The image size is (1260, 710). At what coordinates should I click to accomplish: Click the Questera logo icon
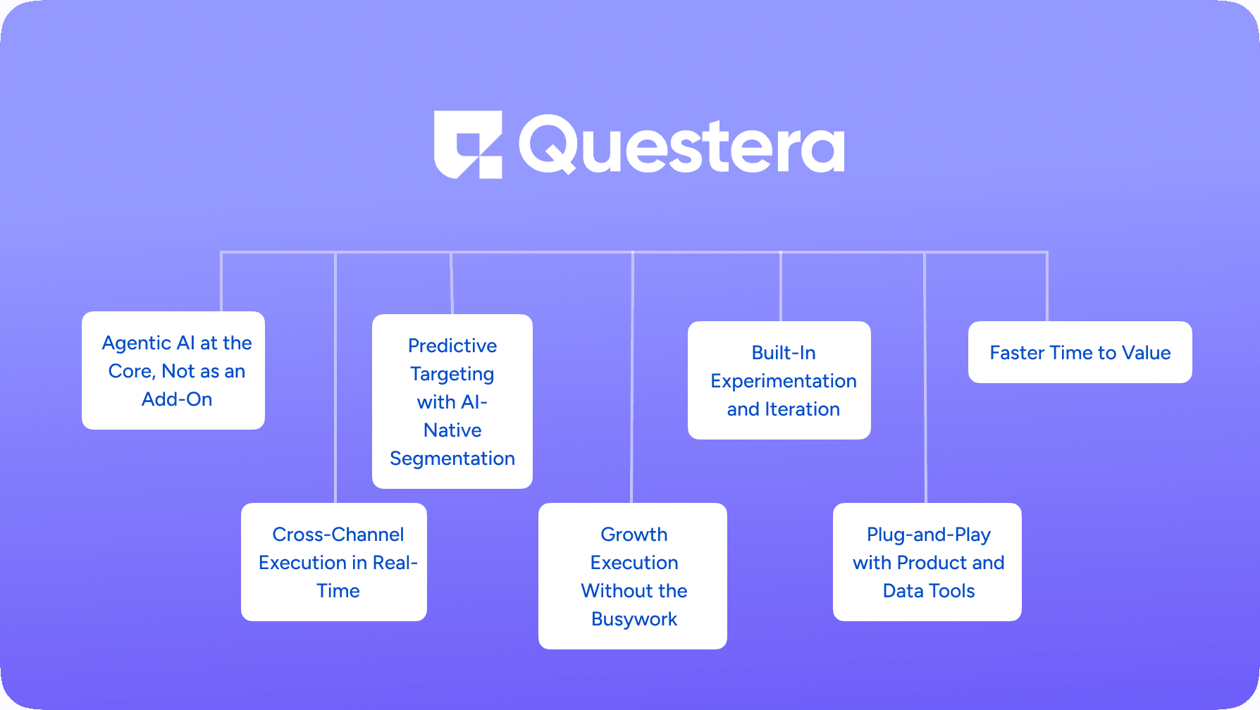(x=468, y=144)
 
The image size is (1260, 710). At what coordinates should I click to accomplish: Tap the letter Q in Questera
(x=548, y=144)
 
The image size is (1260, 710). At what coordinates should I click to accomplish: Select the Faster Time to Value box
(x=1080, y=352)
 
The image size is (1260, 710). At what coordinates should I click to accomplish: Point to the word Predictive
(x=452, y=345)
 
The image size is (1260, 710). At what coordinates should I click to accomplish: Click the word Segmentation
(x=452, y=459)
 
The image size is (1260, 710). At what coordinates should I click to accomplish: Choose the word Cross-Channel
(x=338, y=535)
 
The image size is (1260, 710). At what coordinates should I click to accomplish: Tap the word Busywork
(x=634, y=620)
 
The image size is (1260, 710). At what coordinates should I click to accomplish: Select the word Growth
(x=634, y=535)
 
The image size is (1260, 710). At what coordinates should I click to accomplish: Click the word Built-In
(x=784, y=352)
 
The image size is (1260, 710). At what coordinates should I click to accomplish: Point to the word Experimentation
(x=784, y=382)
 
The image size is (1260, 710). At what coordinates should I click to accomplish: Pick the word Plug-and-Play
(x=929, y=535)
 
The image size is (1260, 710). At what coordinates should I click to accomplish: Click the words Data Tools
(x=929, y=591)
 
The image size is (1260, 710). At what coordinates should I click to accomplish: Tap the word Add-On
(x=177, y=399)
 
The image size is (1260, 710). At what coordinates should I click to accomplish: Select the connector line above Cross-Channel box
(x=335, y=378)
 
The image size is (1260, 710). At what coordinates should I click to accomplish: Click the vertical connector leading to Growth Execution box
(x=633, y=378)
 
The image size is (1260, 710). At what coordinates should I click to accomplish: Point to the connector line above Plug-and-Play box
(x=925, y=378)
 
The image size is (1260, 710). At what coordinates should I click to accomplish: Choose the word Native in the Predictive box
(x=452, y=430)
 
